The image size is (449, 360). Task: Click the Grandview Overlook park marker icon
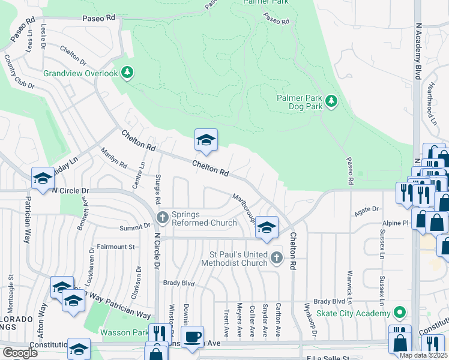coord(127,73)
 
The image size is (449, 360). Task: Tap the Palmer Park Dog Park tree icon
coord(331,102)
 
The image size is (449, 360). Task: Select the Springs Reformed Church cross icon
coord(161,217)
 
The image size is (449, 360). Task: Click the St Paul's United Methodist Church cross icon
coord(276,259)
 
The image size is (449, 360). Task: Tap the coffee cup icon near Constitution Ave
coord(192,337)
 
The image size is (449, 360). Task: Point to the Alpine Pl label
coord(397,222)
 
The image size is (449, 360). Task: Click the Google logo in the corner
coord(20,353)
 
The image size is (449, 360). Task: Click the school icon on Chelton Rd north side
coord(206,140)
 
